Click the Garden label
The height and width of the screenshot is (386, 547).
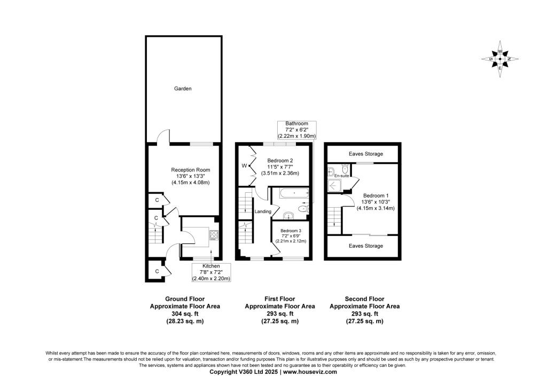point(183,89)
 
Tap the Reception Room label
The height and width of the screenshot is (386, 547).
point(191,170)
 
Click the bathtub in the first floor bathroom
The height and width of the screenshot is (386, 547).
point(294,193)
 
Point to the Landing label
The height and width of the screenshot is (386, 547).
point(263,211)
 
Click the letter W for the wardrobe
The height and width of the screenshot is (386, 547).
point(245,165)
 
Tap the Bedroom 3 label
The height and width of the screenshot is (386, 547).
point(291,231)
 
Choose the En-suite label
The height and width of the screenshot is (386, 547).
point(341,176)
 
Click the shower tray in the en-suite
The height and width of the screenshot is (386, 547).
point(335,186)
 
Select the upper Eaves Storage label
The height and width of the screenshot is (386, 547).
point(365,154)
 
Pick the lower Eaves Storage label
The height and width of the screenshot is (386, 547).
point(365,246)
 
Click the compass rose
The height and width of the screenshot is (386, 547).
point(500,59)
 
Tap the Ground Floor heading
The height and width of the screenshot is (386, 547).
point(185,299)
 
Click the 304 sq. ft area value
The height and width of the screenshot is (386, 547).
point(185,314)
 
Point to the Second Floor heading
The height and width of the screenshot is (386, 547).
point(364,299)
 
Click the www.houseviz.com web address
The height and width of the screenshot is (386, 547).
point(310,372)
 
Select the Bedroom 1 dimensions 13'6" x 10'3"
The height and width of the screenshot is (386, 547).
point(376,202)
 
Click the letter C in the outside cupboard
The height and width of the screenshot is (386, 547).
point(157,271)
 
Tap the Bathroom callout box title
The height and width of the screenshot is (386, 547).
point(296,123)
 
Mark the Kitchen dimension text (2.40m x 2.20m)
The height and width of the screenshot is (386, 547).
point(211,279)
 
